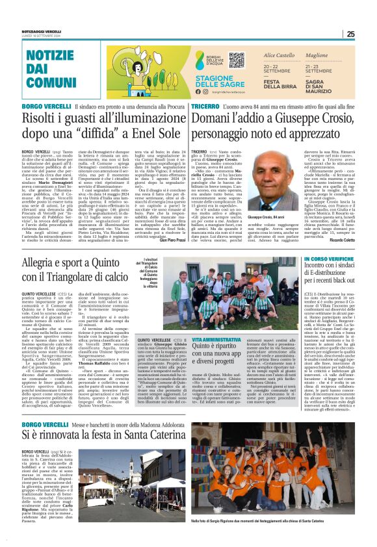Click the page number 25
[x=369, y=34]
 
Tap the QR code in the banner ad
[x=236, y=60]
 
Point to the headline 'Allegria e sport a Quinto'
[x=67, y=260]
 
